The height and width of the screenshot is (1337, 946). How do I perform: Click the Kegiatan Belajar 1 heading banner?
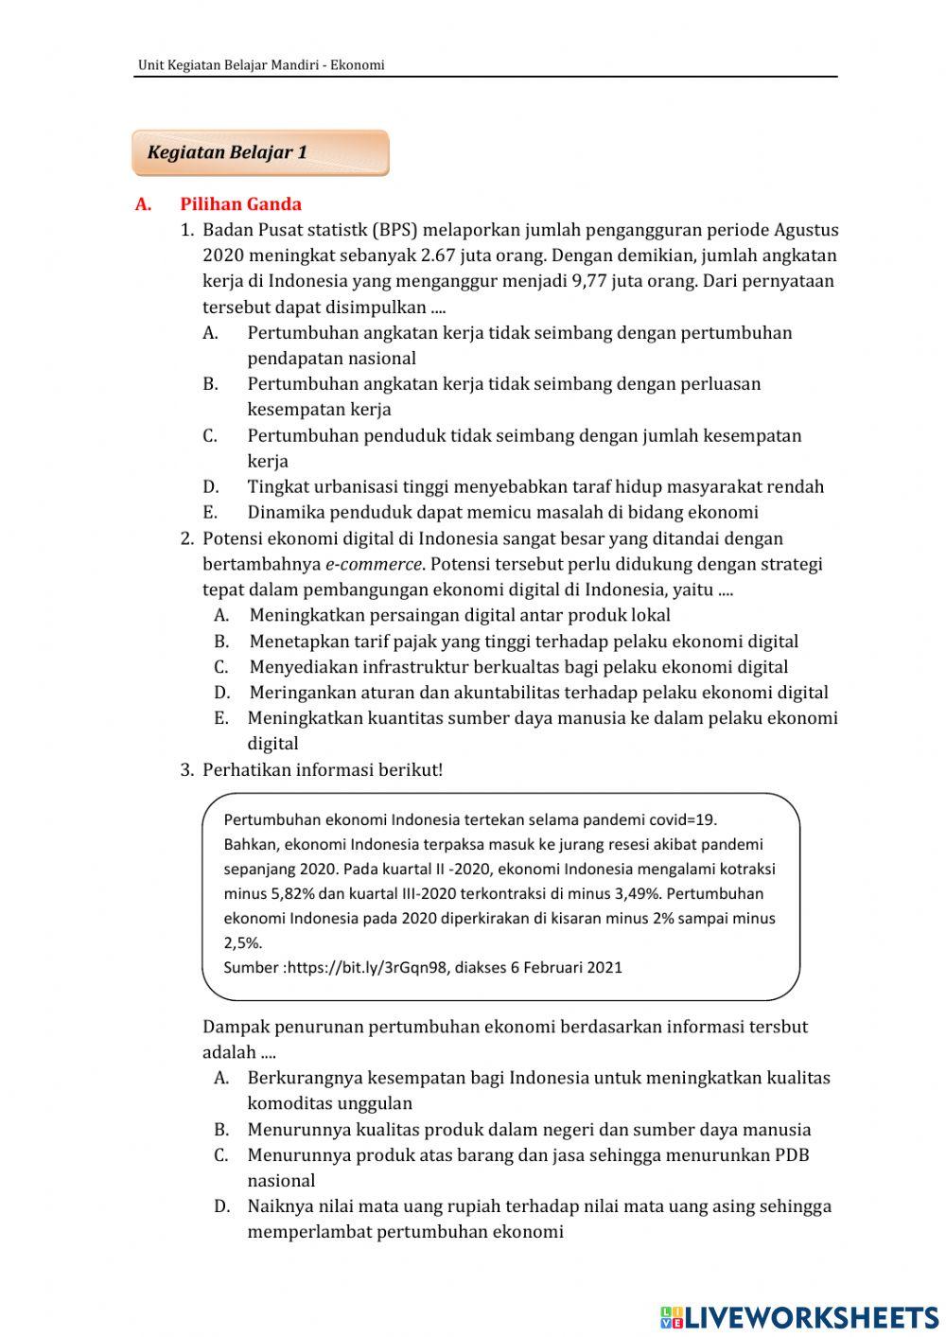pyautogui.click(x=260, y=152)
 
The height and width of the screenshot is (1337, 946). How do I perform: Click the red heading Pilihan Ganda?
pyautogui.click(x=240, y=204)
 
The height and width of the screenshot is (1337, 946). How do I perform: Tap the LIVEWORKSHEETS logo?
pyautogui.click(x=799, y=1317)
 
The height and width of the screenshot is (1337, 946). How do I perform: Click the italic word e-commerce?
pyautogui.click(x=373, y=564)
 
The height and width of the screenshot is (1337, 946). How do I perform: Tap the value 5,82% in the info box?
pyautogui.click(x=292, y=893)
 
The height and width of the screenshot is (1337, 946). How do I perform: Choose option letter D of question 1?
pyautogui.click(x=210, y=486)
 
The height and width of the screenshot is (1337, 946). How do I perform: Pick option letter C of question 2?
pyautogui.click(x=220, y=666)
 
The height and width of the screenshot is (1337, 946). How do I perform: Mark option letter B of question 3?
pyautogui.click(x=221, y=1129)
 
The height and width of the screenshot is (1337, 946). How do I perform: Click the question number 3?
pyautogui.click(x=186, y=769)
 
